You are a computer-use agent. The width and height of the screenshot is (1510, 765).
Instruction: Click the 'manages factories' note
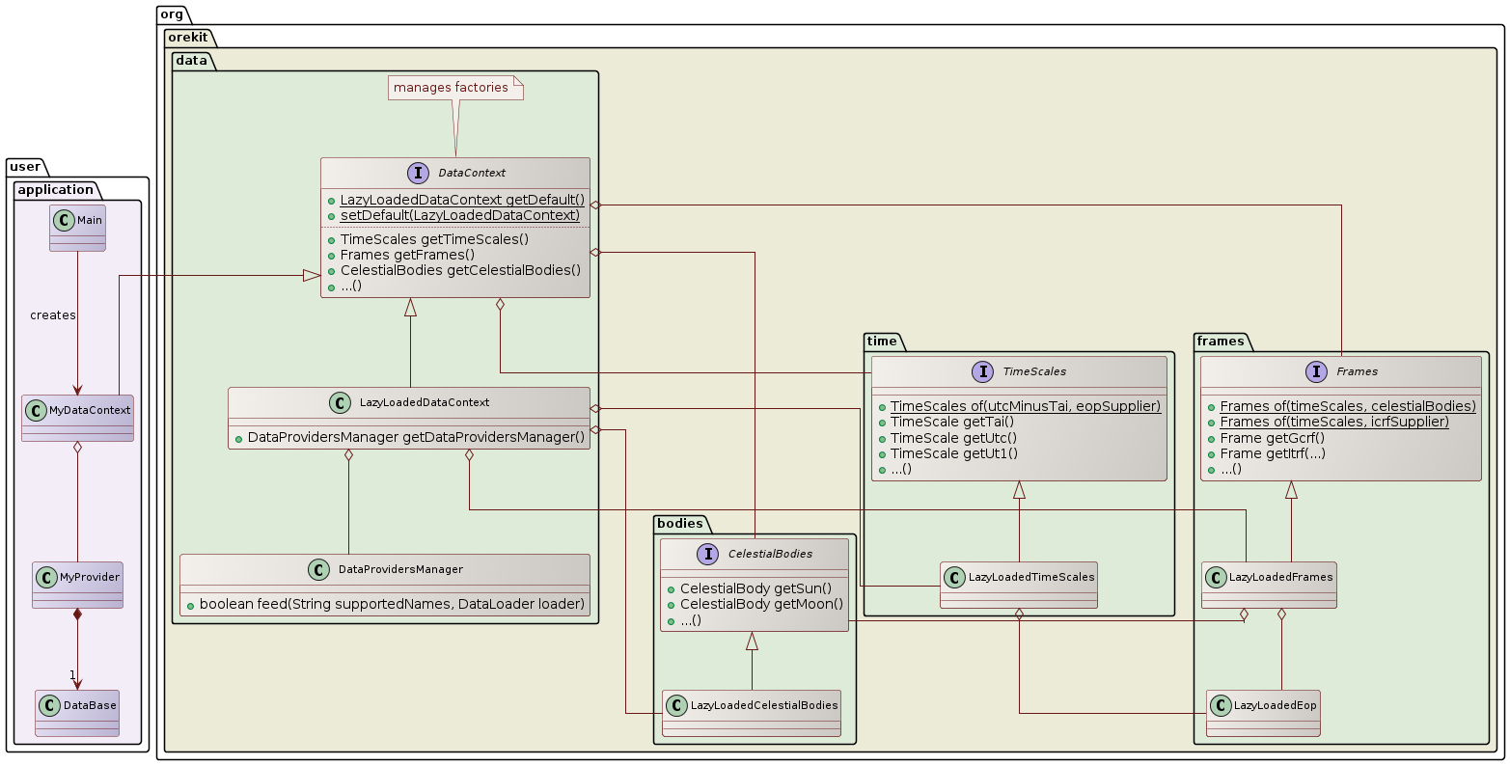(452, 88)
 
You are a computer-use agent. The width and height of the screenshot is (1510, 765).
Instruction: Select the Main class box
(77, 228)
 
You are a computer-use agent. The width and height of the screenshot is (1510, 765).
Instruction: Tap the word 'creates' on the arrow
(53, 315)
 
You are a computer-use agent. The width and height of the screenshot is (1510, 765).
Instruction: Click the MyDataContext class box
(77, 418)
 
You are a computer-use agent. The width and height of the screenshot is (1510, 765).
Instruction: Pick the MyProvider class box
(77, 585)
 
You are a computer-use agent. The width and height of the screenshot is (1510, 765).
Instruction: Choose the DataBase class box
(77, 713)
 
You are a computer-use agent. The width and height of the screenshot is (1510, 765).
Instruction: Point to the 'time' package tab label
(882, 341)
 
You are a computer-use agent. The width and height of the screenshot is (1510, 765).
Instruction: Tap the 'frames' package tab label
(1220, 341)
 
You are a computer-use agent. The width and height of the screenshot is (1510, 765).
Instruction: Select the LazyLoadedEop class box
(1262, 713)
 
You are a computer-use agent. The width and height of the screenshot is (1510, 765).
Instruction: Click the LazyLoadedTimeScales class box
(1019, 585)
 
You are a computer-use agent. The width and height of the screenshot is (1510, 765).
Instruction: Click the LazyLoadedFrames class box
(1269, 585)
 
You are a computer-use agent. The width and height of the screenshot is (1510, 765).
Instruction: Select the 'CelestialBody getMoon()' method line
(761, 604)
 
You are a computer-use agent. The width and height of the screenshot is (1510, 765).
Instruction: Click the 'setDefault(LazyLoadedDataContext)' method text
(460, 215)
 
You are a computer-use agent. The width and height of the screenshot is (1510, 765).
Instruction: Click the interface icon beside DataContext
(418, 173)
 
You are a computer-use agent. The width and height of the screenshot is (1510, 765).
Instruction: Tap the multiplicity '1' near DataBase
(71, 674)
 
